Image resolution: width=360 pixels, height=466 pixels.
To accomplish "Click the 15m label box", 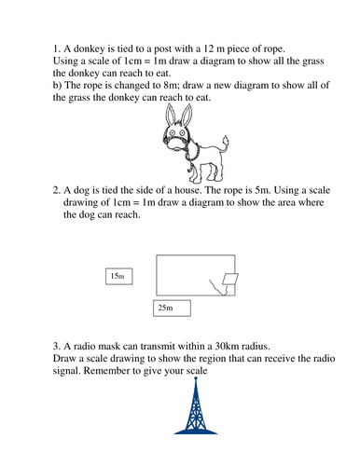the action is pos(118,276).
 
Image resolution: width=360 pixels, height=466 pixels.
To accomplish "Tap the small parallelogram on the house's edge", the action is pos(229,279).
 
